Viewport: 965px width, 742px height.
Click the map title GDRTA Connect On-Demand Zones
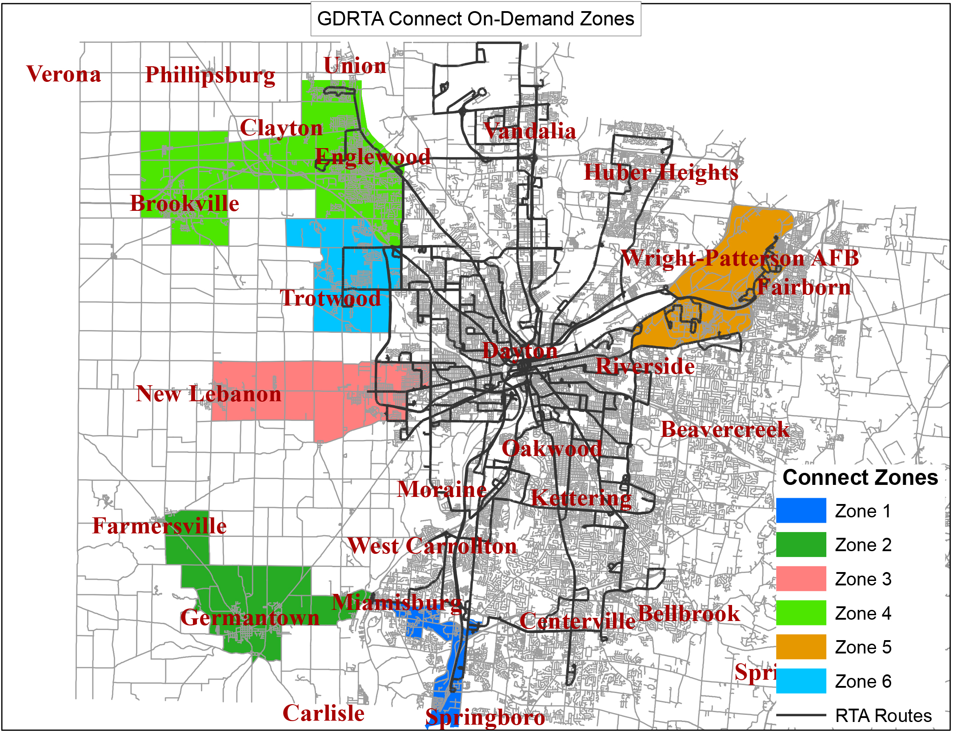pos(475,19)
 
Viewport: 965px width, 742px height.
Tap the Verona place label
pos(64,74)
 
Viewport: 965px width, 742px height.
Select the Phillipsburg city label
pos(210,75)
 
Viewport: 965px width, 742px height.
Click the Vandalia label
pos(530,131)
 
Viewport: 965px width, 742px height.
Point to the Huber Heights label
pos(661,172)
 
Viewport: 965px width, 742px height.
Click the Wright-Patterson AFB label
pos(739,258)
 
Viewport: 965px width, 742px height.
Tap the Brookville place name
pos(184,203)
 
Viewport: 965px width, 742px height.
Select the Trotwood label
pos(330,298)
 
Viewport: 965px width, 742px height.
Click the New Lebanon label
pos(208,394)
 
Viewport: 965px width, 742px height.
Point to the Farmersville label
pos(159,526)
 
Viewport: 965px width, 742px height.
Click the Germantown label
pos(249,617)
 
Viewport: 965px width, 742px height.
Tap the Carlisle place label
pos(323,713)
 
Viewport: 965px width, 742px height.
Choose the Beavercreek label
pos(725,429)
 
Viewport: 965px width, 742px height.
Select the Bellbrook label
pos(689,613)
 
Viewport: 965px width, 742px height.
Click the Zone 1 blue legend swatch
pos(801,510)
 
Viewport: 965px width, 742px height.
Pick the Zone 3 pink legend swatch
pos(801,578)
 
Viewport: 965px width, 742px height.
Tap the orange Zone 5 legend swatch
pos(801,646)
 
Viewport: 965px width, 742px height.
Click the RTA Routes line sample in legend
pos(801,715)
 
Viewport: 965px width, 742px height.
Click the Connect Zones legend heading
pos(860,477)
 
